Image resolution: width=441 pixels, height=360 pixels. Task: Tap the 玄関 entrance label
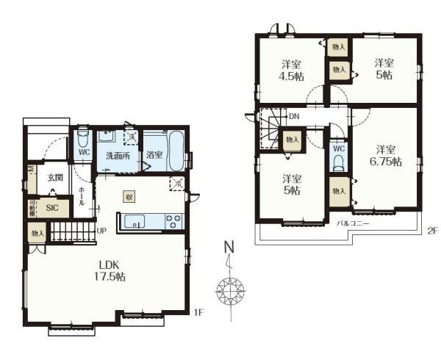(x=55, y=178)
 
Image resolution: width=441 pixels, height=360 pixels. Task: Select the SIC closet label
(x=52, y=208)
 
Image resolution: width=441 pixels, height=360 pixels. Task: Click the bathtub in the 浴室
(x=176, y=150)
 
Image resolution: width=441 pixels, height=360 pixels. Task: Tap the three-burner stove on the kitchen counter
(x=175, y=220)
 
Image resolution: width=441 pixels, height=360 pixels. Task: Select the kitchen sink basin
(x=137, y=220)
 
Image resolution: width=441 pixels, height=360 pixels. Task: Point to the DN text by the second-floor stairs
(x=293, y=117)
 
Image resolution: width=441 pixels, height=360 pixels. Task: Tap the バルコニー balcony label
(x=353, y=222)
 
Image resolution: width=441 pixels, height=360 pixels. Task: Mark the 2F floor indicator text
(x=433, y=231)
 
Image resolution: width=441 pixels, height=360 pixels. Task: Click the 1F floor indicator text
(x=198, y=313)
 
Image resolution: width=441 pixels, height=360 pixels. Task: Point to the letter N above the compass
(x=229, y=247)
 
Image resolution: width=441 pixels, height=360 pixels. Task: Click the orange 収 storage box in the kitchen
(x=129, y=196)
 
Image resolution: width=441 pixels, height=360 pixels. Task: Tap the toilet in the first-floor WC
(x=83, y=138)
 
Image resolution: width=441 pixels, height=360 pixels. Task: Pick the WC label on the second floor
(x=338, y=147)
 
